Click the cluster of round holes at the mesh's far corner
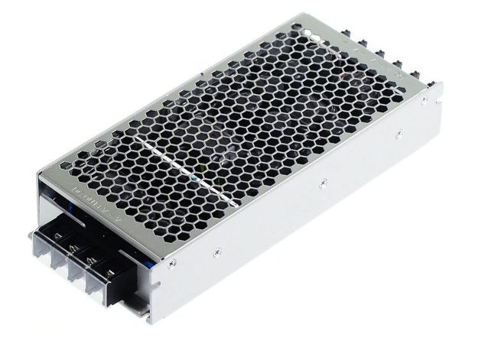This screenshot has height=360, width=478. (314, 34)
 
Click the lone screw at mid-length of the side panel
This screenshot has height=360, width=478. (324, 182)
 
